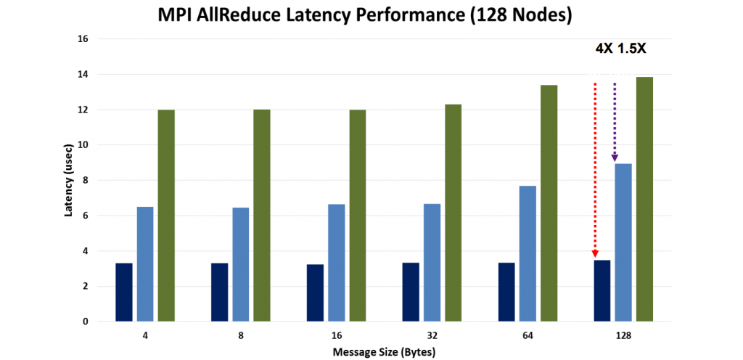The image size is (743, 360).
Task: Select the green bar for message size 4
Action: point(166,216)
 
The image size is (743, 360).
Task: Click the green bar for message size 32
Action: point(453,213)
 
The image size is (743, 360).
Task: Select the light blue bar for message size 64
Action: point(528,253)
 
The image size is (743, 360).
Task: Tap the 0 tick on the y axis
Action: point(84,322)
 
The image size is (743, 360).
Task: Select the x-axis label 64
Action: point(528,336)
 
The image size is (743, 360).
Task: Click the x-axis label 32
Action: point(432,336)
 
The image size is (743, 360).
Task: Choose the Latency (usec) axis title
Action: point(68,180)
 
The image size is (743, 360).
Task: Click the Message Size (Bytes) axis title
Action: point(384,352)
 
